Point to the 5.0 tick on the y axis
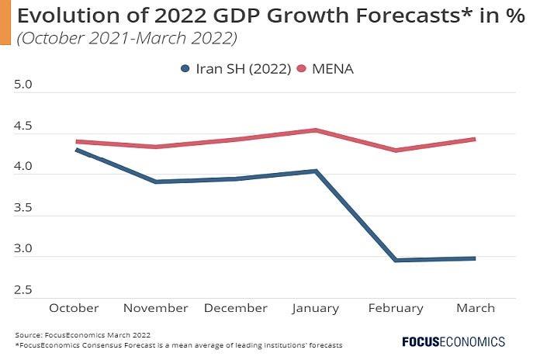(x=23, y=85)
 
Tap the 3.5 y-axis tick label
(x=23, y=208)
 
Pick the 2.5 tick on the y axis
(x=23, y=290)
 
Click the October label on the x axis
(x=74, y=308)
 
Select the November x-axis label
(x=156, y=308)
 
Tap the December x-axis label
(x=236, y=308)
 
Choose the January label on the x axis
(x=316, y=308)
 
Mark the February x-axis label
(x=396, y=308)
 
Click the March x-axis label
(x=476, y=308)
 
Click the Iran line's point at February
(x=396, y=260)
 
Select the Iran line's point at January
(x=316, y=171)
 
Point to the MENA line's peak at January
(x=316, y=130)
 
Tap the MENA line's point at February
(x=396, y=150)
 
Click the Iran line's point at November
(x=156, y=182)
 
